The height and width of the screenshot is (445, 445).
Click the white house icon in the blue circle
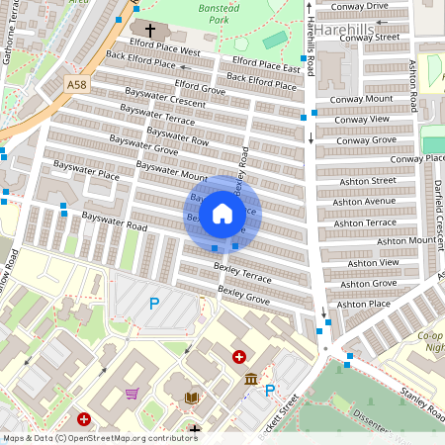point(222,214)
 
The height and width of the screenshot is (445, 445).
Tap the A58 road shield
point(77,86)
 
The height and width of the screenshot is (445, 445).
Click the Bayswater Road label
point(114,222)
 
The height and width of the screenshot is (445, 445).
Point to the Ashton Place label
point(364,305)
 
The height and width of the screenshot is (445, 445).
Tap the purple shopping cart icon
point(132,394)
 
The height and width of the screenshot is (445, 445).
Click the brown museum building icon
point(250,379)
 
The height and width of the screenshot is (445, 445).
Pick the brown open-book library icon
point(192,398)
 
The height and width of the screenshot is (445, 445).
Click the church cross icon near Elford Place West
point(151,31)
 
